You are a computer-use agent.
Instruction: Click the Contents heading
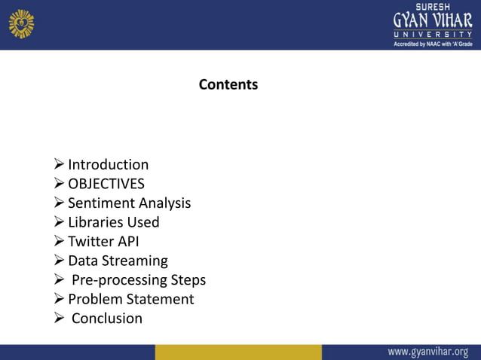(x=228, y=84)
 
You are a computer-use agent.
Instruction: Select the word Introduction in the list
(x=108, y=165)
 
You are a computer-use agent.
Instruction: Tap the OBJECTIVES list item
(x=106, y=184)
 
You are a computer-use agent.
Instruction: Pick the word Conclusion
(x=106, y=319)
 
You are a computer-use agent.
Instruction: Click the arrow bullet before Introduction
(x=60, y=165)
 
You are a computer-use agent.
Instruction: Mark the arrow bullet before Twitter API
(x=60, y=242)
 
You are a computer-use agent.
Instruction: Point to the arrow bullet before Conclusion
(x=60, y=319)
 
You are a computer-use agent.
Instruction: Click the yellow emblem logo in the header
(x=21, y=23)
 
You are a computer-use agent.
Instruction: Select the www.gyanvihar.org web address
(x=427, y=352)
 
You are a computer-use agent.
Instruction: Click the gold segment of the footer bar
(x=238, y=352)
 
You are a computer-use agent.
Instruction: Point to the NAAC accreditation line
(x=433, y=44)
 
